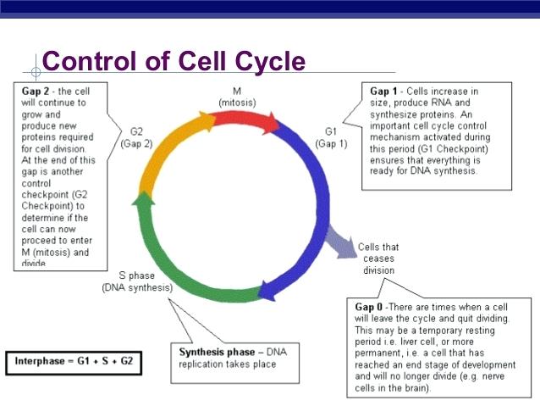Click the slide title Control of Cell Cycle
pyautogui.click(x=173, y=62)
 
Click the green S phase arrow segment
pyautogui.click(x=182, y=267)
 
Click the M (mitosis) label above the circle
pyautogui.click(x=238, y=97)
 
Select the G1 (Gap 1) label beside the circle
pyautogui.click(x=331, y=137)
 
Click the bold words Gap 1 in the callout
pyautogui.click(x=385, y=92)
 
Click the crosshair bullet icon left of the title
pyautogui.click(x=36, y=64)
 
